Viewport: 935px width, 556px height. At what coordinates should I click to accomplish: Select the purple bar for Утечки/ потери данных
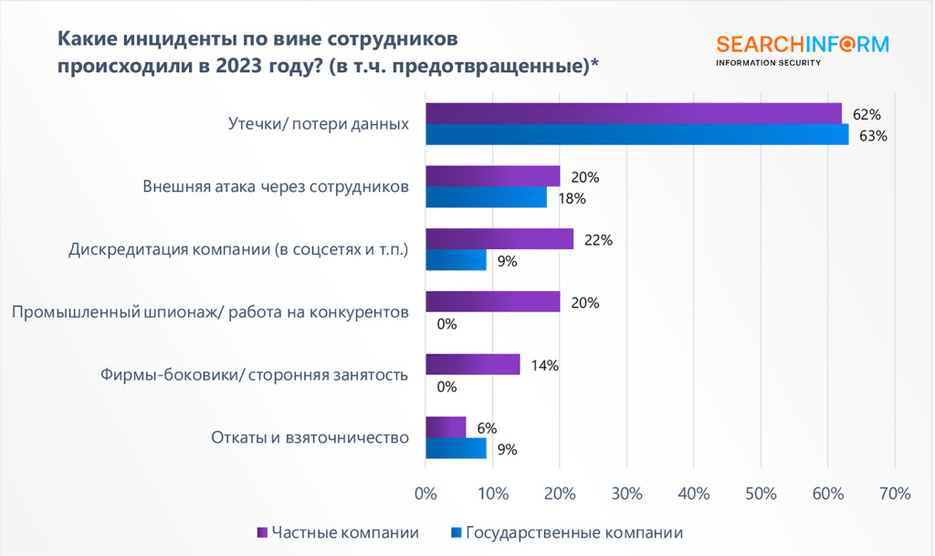(633, 113)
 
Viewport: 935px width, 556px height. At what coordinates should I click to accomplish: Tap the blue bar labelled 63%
(636, 135)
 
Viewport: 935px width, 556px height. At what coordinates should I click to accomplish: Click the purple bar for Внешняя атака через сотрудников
(492, 176)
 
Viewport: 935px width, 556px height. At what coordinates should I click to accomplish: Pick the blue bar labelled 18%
(486, 197)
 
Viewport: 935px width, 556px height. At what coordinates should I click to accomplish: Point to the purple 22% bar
(499, 239)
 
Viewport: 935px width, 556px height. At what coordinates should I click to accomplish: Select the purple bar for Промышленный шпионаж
(492, 302)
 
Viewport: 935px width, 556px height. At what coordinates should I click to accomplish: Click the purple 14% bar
(472, 365)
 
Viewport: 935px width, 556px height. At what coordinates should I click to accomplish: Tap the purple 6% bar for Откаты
(446, 427)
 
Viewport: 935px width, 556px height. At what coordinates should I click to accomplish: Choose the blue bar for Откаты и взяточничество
(456, 448)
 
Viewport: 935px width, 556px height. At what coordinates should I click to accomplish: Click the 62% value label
(867, 115)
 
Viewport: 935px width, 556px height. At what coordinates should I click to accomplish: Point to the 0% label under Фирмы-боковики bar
(446, 386)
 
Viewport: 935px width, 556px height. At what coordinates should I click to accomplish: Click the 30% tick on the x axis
(626, 494)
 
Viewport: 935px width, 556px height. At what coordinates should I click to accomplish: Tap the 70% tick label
(895, 494)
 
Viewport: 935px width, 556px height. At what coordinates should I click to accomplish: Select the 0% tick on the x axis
(425, 494)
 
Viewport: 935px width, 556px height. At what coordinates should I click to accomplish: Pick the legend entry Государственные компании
(573, 532)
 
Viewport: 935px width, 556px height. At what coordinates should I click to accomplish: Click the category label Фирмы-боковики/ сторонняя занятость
(254, 374)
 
